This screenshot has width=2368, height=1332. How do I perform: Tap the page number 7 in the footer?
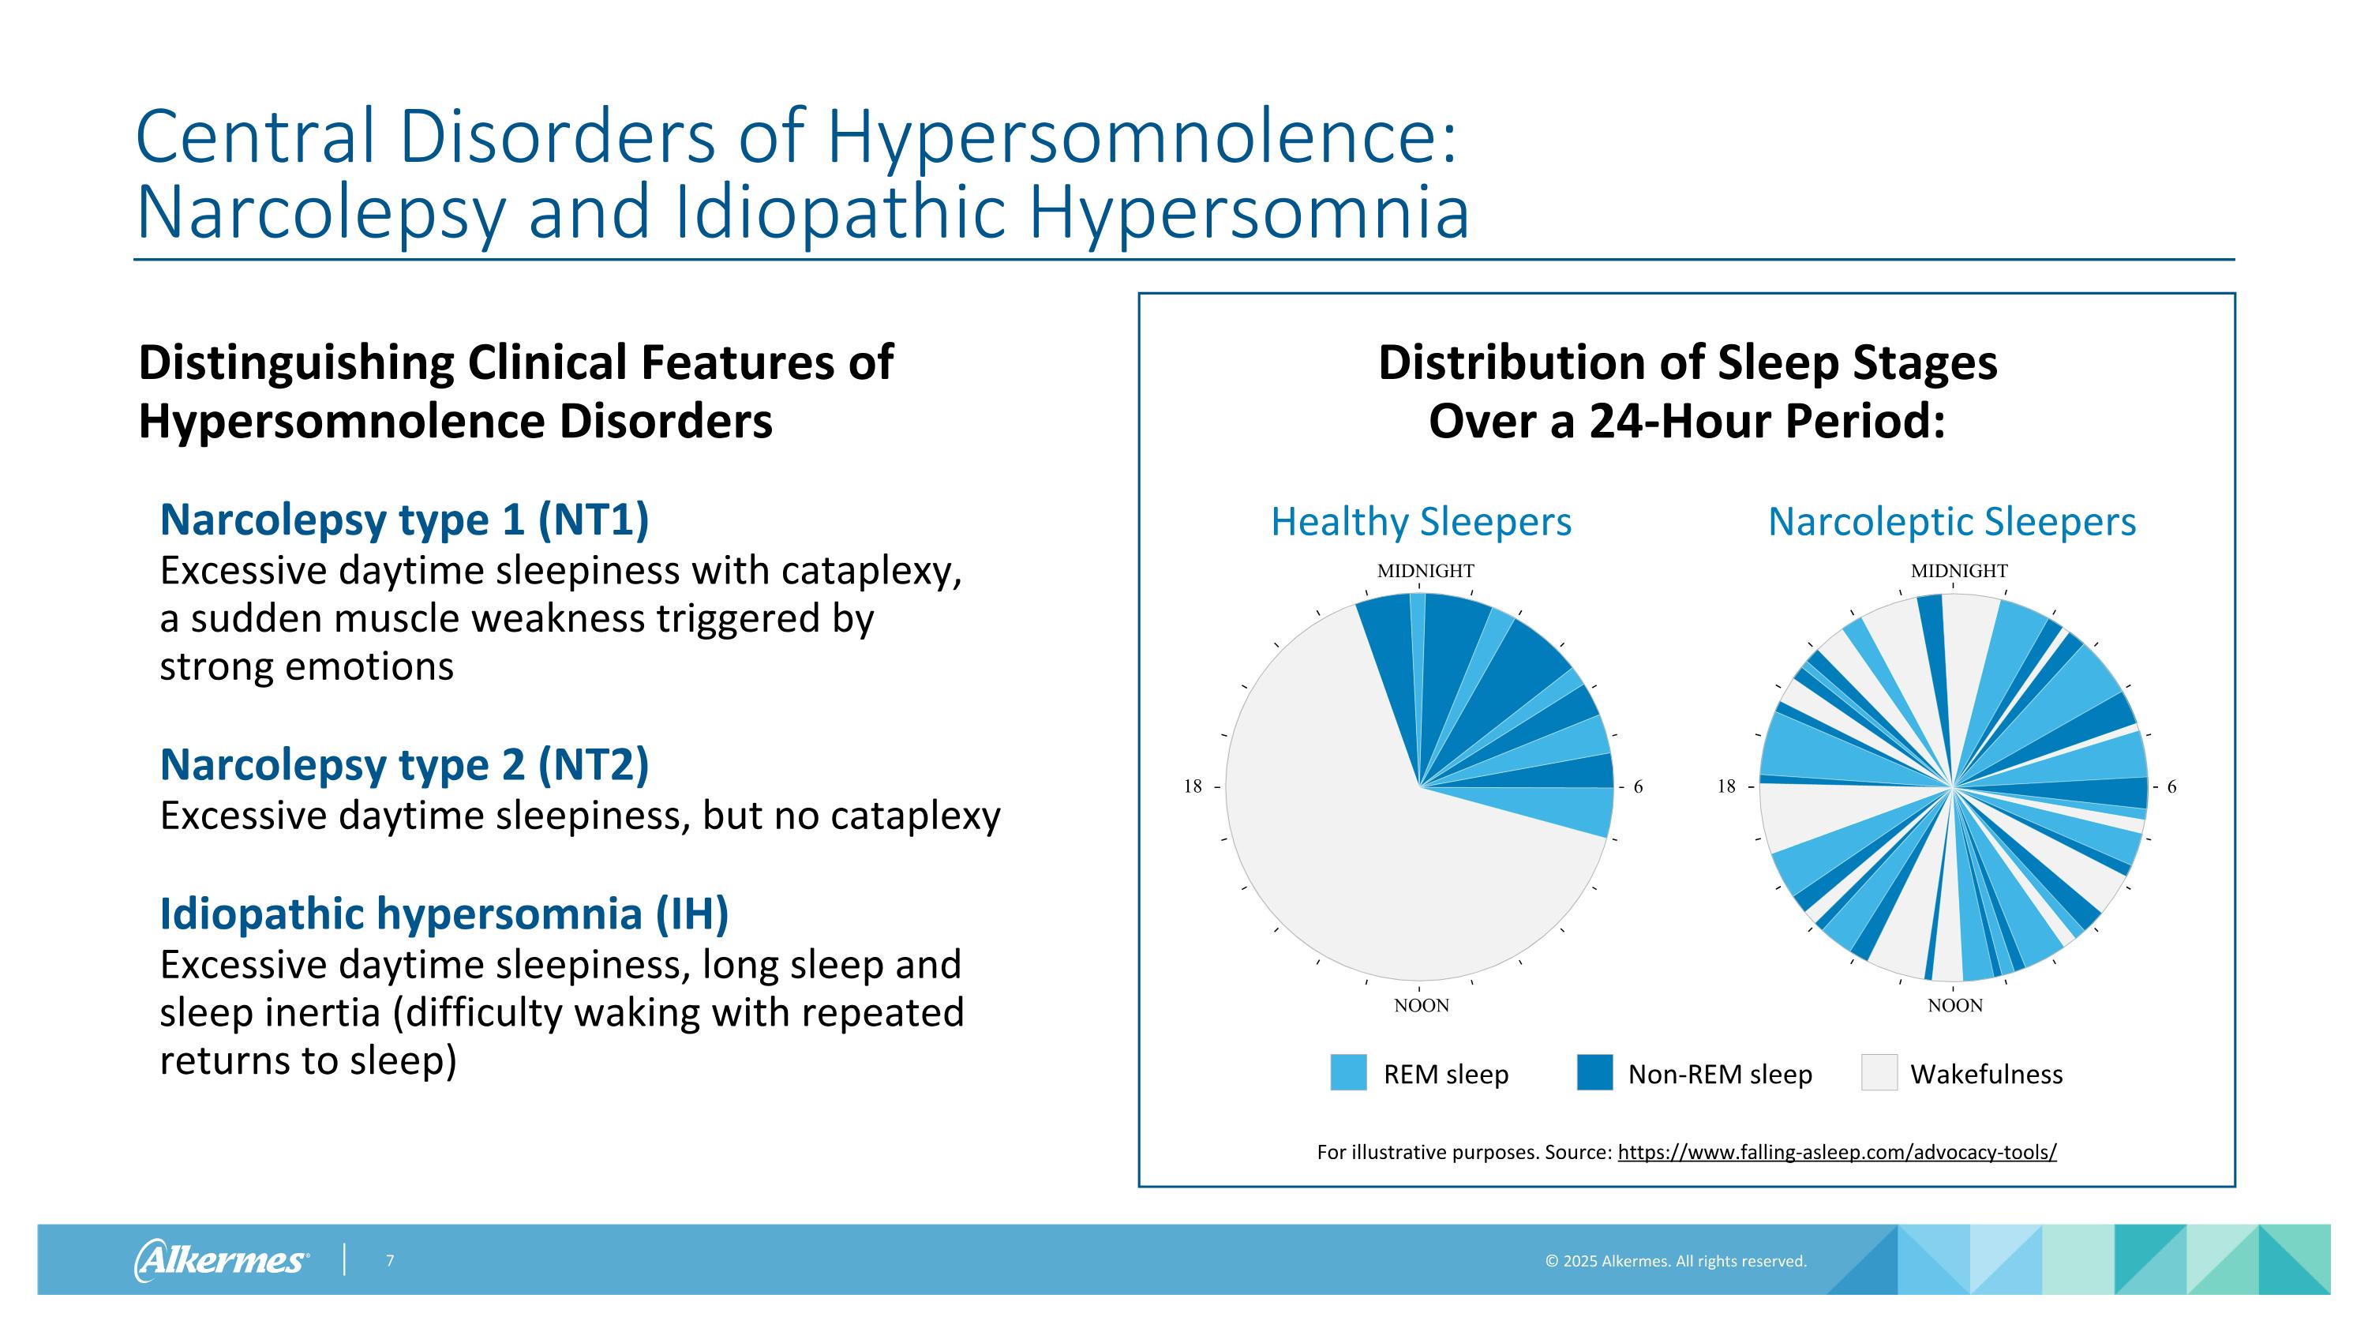tap(390, 1260)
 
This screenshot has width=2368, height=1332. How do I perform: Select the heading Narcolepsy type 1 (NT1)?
tap(404, 520)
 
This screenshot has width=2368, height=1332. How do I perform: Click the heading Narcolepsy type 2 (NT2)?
tap(404, 765)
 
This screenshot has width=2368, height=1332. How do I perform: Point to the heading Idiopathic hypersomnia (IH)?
tap(444, 914)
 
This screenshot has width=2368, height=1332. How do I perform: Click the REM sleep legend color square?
tap(1347, 1073)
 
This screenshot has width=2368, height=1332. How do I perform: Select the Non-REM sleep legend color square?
tap(1594, 1073)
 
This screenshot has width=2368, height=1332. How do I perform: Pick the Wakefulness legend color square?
tap(1878, 1073)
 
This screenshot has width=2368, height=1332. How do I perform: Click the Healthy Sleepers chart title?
tap(1420, 522)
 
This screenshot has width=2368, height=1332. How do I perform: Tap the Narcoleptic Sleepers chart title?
tap(1951, 522)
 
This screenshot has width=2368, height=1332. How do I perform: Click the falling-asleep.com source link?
tap(1837, 1152)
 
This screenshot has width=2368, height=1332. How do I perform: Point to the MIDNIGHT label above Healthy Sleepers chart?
tap(1425, 571)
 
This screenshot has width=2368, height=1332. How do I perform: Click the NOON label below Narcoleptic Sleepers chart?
tap(1954, 1006)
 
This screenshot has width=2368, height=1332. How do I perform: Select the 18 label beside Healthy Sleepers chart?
tap(1192, 786)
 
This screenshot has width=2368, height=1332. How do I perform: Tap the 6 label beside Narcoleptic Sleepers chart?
tap(2171, 787)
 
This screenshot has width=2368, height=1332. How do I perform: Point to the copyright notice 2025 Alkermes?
tap(1675, 1261)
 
